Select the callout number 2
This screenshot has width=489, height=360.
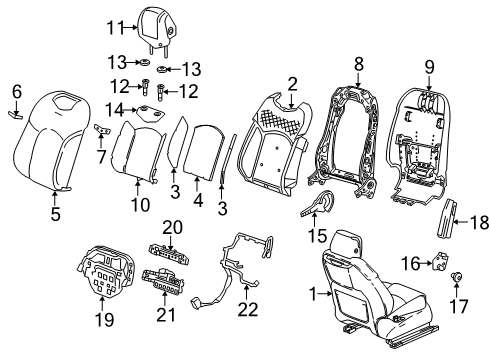pyautogui.click(x=292, y=83)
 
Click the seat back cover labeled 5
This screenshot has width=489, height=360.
pyautogui.click(x=52, y=141)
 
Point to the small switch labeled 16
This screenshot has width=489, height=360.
pyautogui.click(x=439, y=262)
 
